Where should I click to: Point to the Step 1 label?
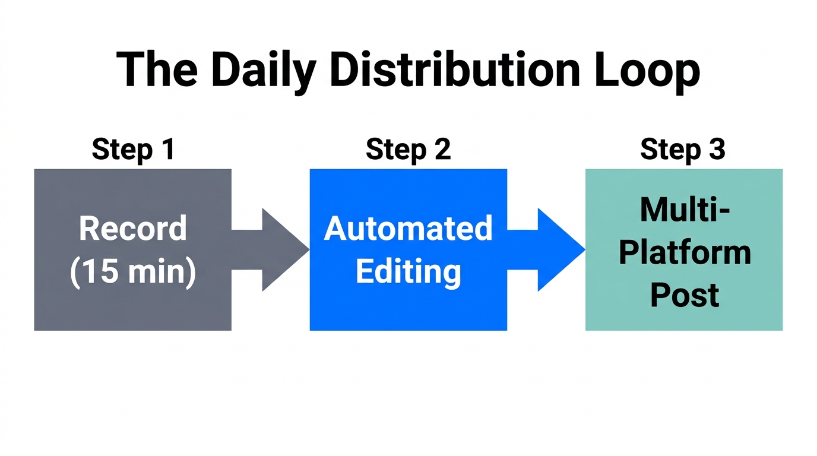pyautogui.click(x=133, y=149)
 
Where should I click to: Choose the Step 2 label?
pyautogui.click(x=408, y=149)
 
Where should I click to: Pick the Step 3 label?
pyautogui.click(x=683, y=149)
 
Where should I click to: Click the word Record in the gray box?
pyautogui.click(x=133, y=229)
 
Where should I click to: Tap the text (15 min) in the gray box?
pyautogui.click(x=133, y=273)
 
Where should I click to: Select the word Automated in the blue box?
pyautogui.click(x=408, y=229)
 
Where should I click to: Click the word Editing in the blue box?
pyautogui.click(x=408, y=272)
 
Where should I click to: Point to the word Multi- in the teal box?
pyautogui.click(x=684, y=210)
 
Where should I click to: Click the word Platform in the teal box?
pyautogui.click(x=684, y=252)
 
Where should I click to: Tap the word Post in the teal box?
pyautogui.click(x=684, y=295)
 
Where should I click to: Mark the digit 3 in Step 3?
pyautogui.click(x=717, y=149)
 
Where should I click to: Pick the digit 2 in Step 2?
pyautogui.click(x=442, y=149)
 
